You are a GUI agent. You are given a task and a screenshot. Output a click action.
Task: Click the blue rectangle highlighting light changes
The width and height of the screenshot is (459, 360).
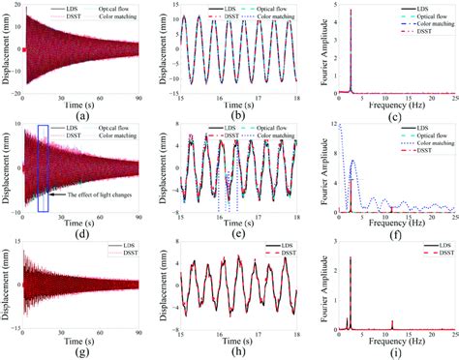coord(42,167)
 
